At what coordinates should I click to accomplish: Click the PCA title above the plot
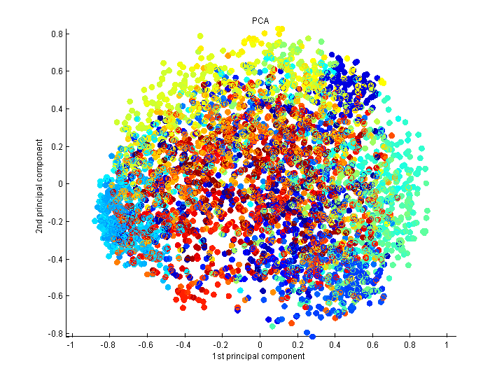click(260, 21)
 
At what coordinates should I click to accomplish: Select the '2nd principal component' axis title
click(41, 183)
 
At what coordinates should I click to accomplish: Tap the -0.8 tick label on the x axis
click(107, 344)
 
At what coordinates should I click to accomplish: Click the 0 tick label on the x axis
click(260, 344)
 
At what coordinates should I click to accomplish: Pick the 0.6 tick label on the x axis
click(374, 344)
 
